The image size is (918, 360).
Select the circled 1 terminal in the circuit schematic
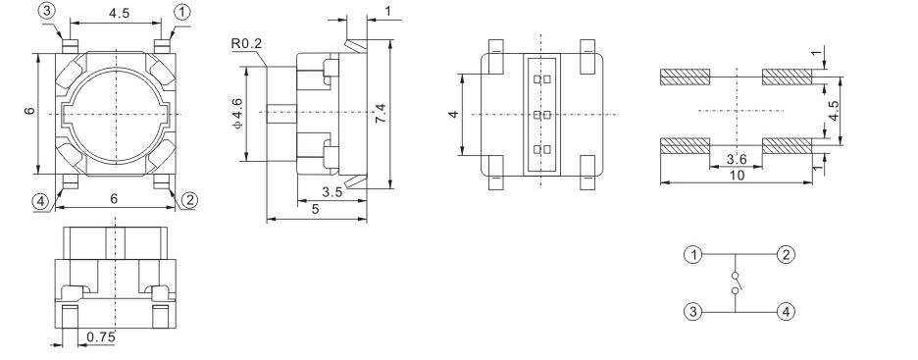tap(694, 256)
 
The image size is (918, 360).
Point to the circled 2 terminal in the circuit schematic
tap(786, 256)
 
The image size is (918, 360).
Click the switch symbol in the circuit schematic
tap(737, 284)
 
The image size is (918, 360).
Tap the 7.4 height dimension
tap(382, 116)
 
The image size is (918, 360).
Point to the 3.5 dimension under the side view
tap(331, 193)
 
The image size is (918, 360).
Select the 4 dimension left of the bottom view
tap(452, 115)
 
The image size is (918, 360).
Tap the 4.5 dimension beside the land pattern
tap(834, 110)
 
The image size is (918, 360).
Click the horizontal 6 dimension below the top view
tap(115, 199)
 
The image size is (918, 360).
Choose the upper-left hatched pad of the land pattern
tap(685, 77)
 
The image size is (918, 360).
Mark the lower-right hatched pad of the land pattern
tap(787, 146)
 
